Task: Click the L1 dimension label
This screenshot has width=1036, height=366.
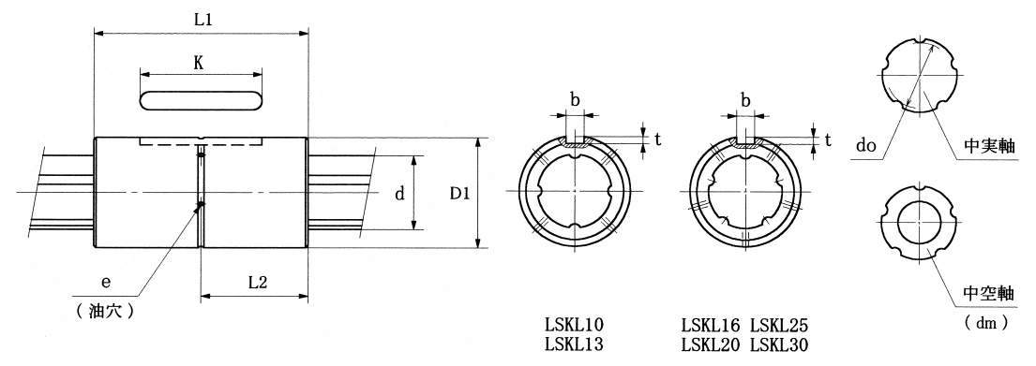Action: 203,20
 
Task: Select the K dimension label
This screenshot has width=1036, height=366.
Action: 198,64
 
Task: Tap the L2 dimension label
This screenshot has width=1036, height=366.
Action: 257,283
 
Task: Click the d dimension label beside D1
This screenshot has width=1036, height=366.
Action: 399,194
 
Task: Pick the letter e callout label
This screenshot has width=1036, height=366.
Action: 104,283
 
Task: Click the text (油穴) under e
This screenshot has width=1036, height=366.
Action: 106,311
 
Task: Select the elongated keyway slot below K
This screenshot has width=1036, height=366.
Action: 201,100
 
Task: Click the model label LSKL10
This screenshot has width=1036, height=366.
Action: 574,325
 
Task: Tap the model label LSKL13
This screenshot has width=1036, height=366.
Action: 574,344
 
